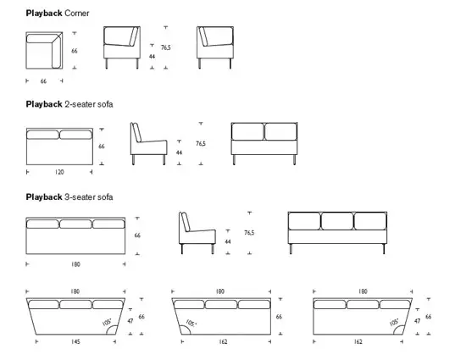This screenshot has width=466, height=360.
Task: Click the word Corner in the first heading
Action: tap(77, 14)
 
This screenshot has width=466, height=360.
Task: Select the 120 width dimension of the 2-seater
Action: tap(58, 171)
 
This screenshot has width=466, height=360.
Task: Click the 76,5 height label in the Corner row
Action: tap(165, 48)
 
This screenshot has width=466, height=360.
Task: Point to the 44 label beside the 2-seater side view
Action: tap(179, 152)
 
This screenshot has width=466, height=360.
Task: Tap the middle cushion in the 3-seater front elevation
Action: tap(337, 221)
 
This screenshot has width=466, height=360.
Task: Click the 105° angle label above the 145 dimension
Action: tap(107, 323)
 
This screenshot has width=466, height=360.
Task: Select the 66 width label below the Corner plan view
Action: tap(43, 81)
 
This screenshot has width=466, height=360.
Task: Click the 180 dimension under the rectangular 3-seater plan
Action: tap(75, 264)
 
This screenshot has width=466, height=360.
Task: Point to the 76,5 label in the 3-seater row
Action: tap(249, 231)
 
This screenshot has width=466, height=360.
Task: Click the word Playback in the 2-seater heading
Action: tap(43, 104)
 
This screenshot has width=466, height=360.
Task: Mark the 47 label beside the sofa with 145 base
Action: tap(130, 321)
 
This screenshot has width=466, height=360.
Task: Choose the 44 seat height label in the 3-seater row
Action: tap(229, 241)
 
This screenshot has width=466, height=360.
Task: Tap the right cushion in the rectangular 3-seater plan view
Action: tap(107, 224)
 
